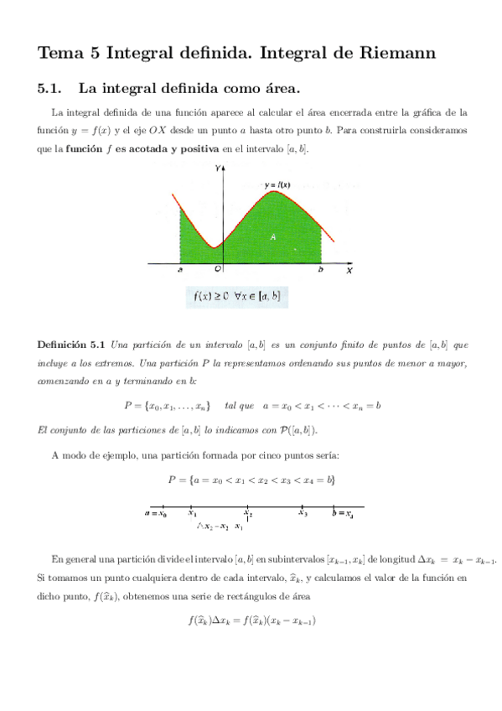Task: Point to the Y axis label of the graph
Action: click(x=217, y=169)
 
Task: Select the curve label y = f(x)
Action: click(x=277, y=184)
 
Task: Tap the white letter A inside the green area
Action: click(x=272, y=237)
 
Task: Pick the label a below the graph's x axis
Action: click(x=180, y=270)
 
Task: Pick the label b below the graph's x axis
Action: click(x=320, y=270)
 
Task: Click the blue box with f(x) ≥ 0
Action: click(x=236, y=296)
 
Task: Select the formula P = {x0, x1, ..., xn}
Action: click(x=167, y=406)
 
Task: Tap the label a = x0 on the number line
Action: click(x=156, y=513)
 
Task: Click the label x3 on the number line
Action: click(x=303, y=513)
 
